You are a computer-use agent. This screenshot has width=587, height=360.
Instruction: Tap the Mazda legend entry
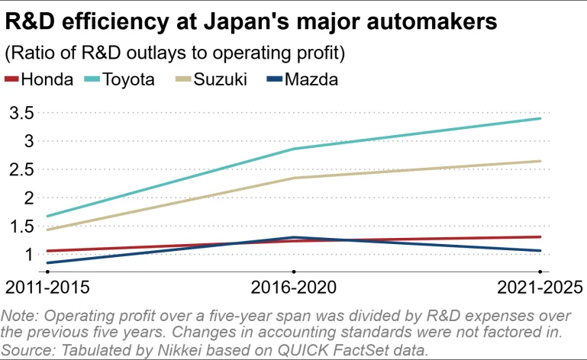point(308,79)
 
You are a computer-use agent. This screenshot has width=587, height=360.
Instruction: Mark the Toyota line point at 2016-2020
point(293,149)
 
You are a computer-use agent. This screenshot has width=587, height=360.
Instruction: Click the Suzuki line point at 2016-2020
point(293,178)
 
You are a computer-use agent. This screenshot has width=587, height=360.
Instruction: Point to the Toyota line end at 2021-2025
point(540,118)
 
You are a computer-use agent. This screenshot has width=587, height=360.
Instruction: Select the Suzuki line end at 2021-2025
point(540,161)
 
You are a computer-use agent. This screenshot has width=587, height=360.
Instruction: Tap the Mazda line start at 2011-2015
point(47,263)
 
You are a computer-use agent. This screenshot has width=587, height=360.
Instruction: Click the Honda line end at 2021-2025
point(540,236)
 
